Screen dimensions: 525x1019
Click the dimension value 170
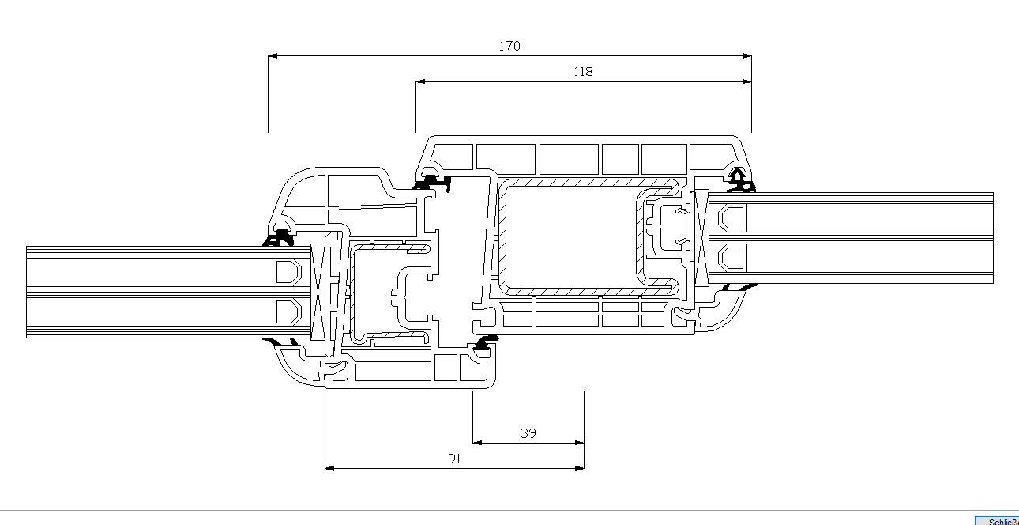point(509,46)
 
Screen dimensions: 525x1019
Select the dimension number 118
point(583,72)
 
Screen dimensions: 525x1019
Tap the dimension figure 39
point(528,433)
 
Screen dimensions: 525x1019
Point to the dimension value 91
point(454,459)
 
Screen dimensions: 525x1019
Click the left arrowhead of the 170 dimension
point(273,56)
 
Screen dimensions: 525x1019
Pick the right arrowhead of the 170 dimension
point(746,56)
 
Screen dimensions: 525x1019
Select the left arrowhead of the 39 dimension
point(477,443)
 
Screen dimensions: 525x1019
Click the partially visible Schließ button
point(999,520)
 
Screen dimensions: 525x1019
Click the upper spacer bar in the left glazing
point(287,272)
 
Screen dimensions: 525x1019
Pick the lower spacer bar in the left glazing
point(287,311)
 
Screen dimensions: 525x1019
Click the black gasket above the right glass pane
point(740,181)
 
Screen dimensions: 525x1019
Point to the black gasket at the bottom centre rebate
point(485,341)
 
